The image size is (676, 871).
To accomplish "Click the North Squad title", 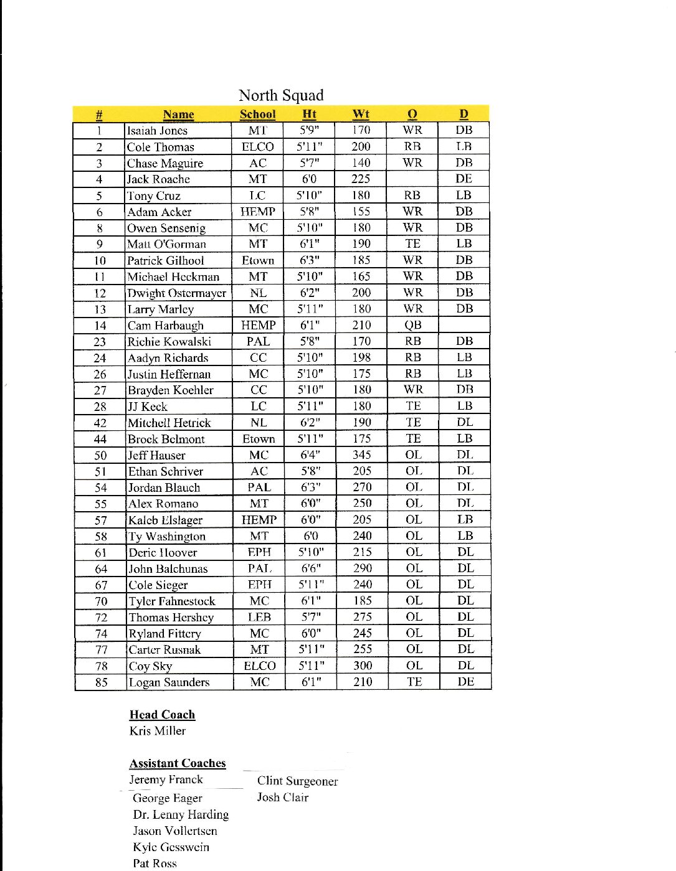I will tap(281, 95).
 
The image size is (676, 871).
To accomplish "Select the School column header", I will tap(257, 114).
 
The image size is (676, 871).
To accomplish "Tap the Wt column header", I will tap(361, 114).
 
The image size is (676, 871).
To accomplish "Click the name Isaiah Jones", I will tap(157, 131).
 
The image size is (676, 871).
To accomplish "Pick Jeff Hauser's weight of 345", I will tap(362, 455).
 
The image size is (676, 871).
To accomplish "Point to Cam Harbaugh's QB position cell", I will tap(412, 325).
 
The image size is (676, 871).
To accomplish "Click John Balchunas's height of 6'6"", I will tap(310, 568).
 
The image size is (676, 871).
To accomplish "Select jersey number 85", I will tap(101, 682).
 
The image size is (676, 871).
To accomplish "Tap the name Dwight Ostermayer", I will tap(177, 293).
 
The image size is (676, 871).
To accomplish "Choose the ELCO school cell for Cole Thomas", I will tap(257, 147).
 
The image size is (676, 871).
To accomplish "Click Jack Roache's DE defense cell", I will tap(464, 179).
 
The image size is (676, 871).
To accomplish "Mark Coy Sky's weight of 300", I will tap(363, 666).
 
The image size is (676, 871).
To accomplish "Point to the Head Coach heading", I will tap(162, 715).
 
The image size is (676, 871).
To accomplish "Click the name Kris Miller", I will tap(158, 731).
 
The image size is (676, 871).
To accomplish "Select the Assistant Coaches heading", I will tap(178, 763).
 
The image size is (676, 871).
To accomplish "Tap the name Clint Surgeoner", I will tap(297, 781).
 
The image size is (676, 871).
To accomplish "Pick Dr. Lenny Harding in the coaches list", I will tap(181, 814).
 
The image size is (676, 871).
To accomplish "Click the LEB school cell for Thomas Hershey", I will tap(259, 617).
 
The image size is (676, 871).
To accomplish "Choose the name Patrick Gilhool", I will tap(165, 260).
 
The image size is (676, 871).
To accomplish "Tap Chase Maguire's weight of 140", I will tap(361, 163).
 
